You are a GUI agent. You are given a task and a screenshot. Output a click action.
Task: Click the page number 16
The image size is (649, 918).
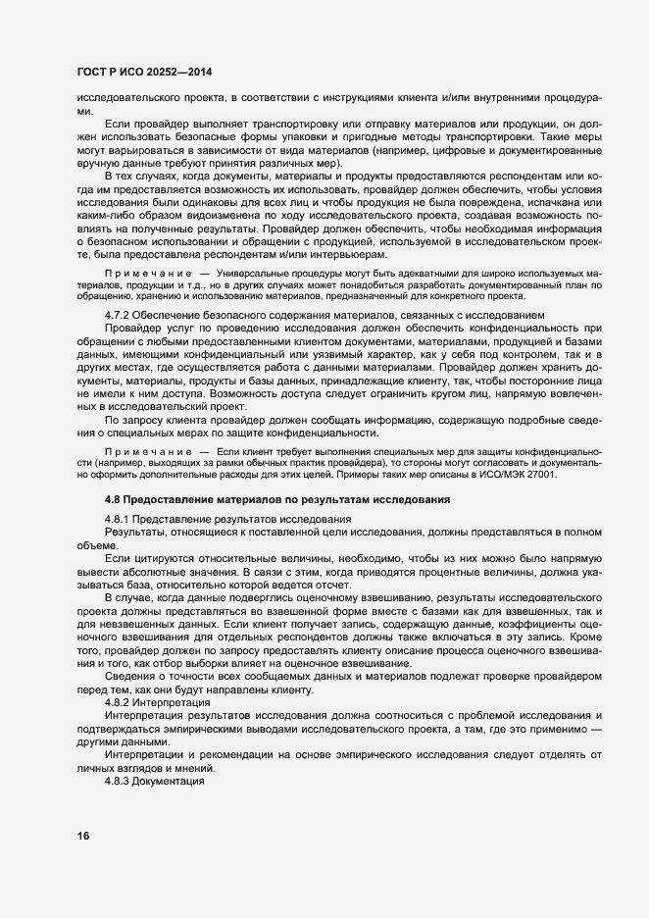(x=82, y=836)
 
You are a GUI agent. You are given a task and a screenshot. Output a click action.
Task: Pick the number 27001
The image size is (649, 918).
(x=538, y=474)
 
